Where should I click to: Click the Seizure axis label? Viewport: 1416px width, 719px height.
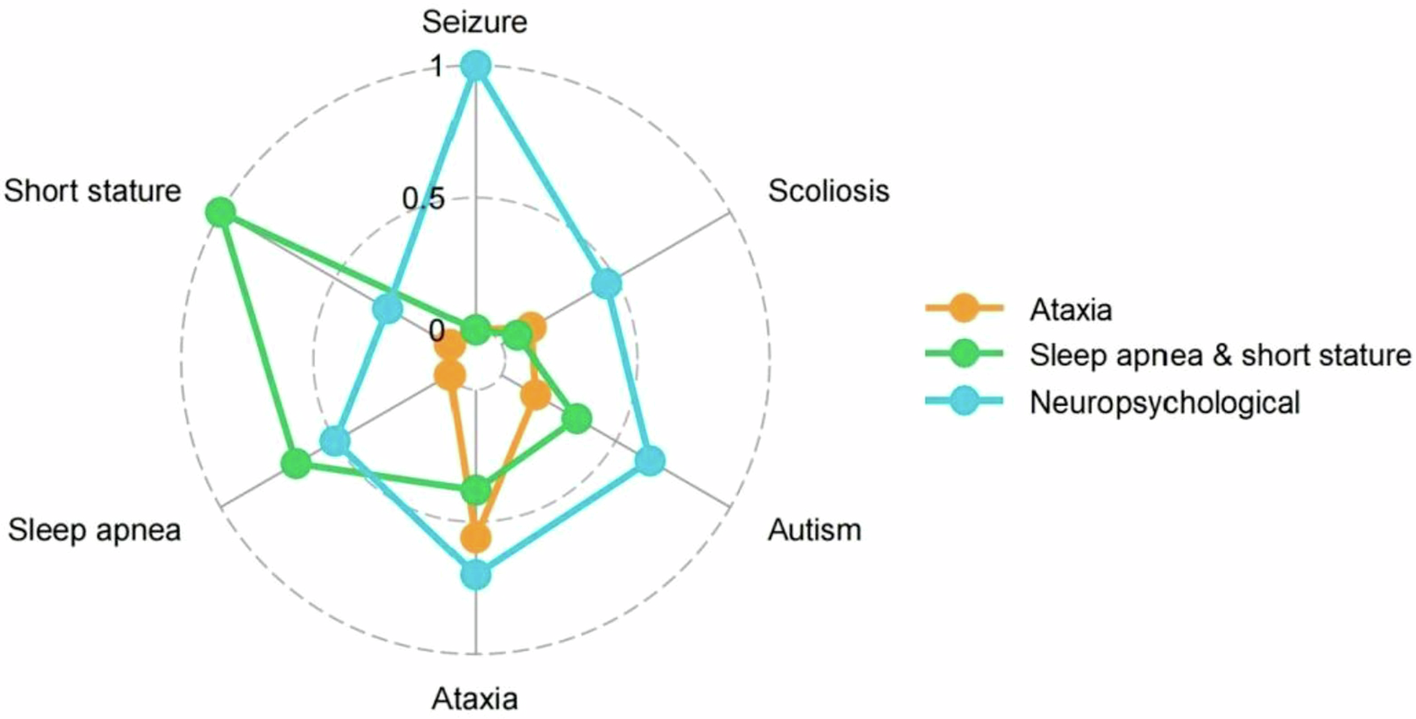click(474, 22)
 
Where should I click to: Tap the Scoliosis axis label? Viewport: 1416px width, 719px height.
click(829, 191)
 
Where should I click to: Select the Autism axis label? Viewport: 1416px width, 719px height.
click(814, 530)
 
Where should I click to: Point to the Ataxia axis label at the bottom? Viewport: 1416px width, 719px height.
click(475, 698)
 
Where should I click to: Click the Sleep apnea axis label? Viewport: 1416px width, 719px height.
click(95, 530)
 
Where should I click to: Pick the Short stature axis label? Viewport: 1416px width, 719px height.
click(93, 191)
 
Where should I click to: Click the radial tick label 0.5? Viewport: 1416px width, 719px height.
click(424, 198)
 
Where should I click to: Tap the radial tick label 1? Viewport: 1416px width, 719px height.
click(437, 66)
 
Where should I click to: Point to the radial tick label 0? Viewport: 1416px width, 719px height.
click(437, 330)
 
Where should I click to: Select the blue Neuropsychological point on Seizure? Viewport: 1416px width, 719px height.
click(476, 66)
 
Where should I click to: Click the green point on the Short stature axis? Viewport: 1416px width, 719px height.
click(219, 213)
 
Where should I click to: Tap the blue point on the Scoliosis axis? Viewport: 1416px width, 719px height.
click(606, 283)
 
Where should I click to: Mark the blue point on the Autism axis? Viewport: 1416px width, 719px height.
click(649, 461)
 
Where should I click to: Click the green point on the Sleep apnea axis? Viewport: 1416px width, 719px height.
click(296, 464)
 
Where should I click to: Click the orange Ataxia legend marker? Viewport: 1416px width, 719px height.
click(964, 308)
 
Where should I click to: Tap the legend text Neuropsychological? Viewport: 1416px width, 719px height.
click(1164, 402)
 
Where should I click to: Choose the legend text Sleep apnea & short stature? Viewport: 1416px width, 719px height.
click(1219, 355)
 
